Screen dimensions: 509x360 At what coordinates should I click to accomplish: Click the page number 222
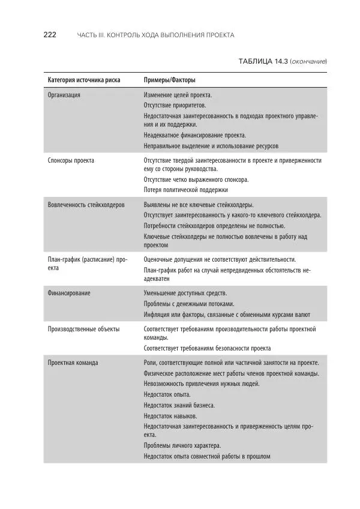tap(50, 35)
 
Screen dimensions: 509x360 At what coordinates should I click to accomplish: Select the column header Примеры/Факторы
tap(169, 80)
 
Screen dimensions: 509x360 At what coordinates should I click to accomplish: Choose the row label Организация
tap(64, 95)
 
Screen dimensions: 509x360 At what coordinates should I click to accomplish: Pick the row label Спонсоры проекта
tap(71, 160)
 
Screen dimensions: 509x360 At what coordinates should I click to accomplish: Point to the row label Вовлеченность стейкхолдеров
tap(86, 205)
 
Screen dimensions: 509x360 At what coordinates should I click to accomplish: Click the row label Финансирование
tap(69, 293)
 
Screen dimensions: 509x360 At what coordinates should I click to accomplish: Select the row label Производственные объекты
tap(83, 329)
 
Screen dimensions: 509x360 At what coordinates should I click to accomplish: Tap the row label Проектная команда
tap(73, 363)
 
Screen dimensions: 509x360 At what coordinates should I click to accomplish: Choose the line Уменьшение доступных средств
tap(185, 293)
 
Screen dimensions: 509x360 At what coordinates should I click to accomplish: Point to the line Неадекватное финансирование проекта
tap(195, 135)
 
